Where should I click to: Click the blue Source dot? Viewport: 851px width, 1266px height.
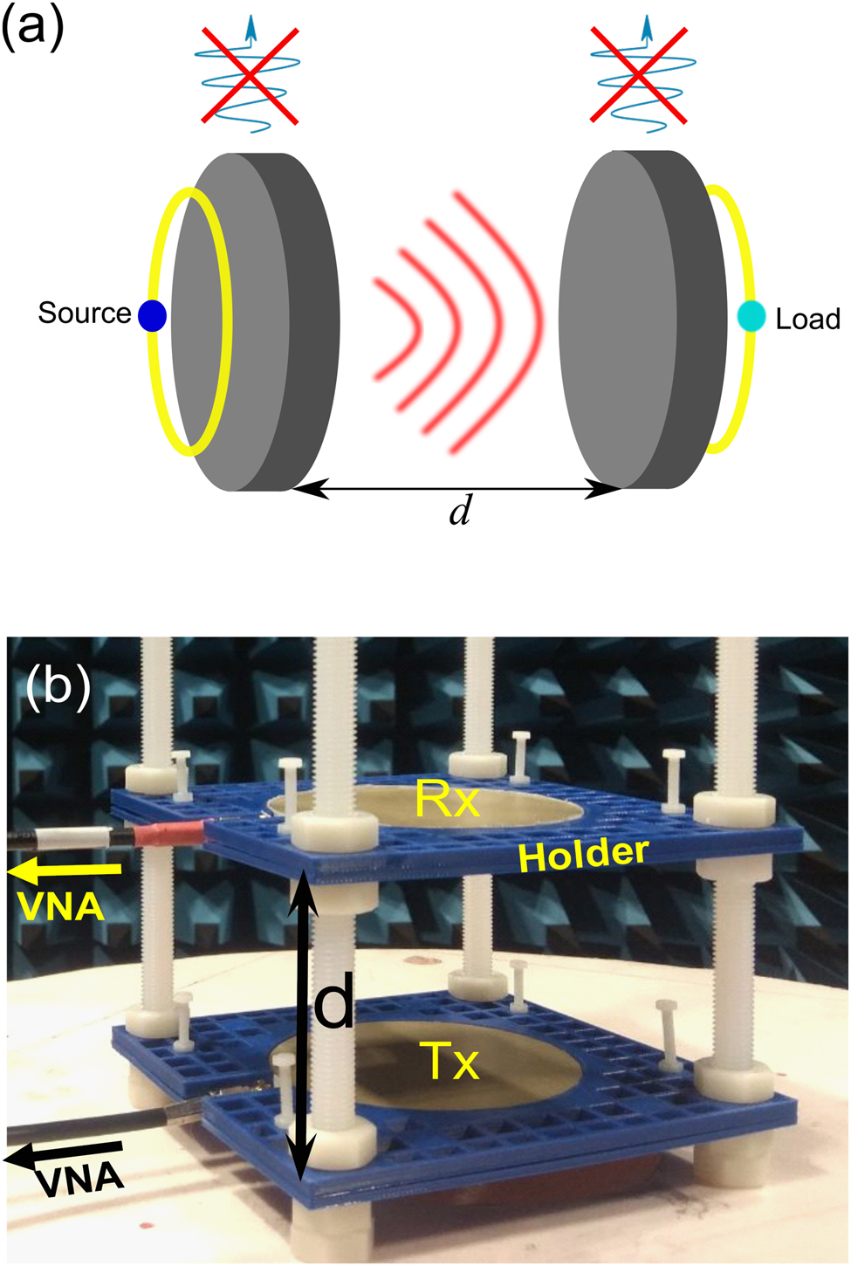pos(153,315)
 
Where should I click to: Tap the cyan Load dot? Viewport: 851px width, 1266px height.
pos(750,316)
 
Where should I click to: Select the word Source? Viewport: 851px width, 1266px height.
pos(84,313)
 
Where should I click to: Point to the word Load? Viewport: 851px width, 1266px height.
pos(807,319)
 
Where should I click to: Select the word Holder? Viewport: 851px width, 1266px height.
pos(583,855)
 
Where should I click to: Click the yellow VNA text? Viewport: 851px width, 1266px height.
pos(60,907)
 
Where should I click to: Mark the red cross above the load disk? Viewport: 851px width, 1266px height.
pos(639,74)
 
